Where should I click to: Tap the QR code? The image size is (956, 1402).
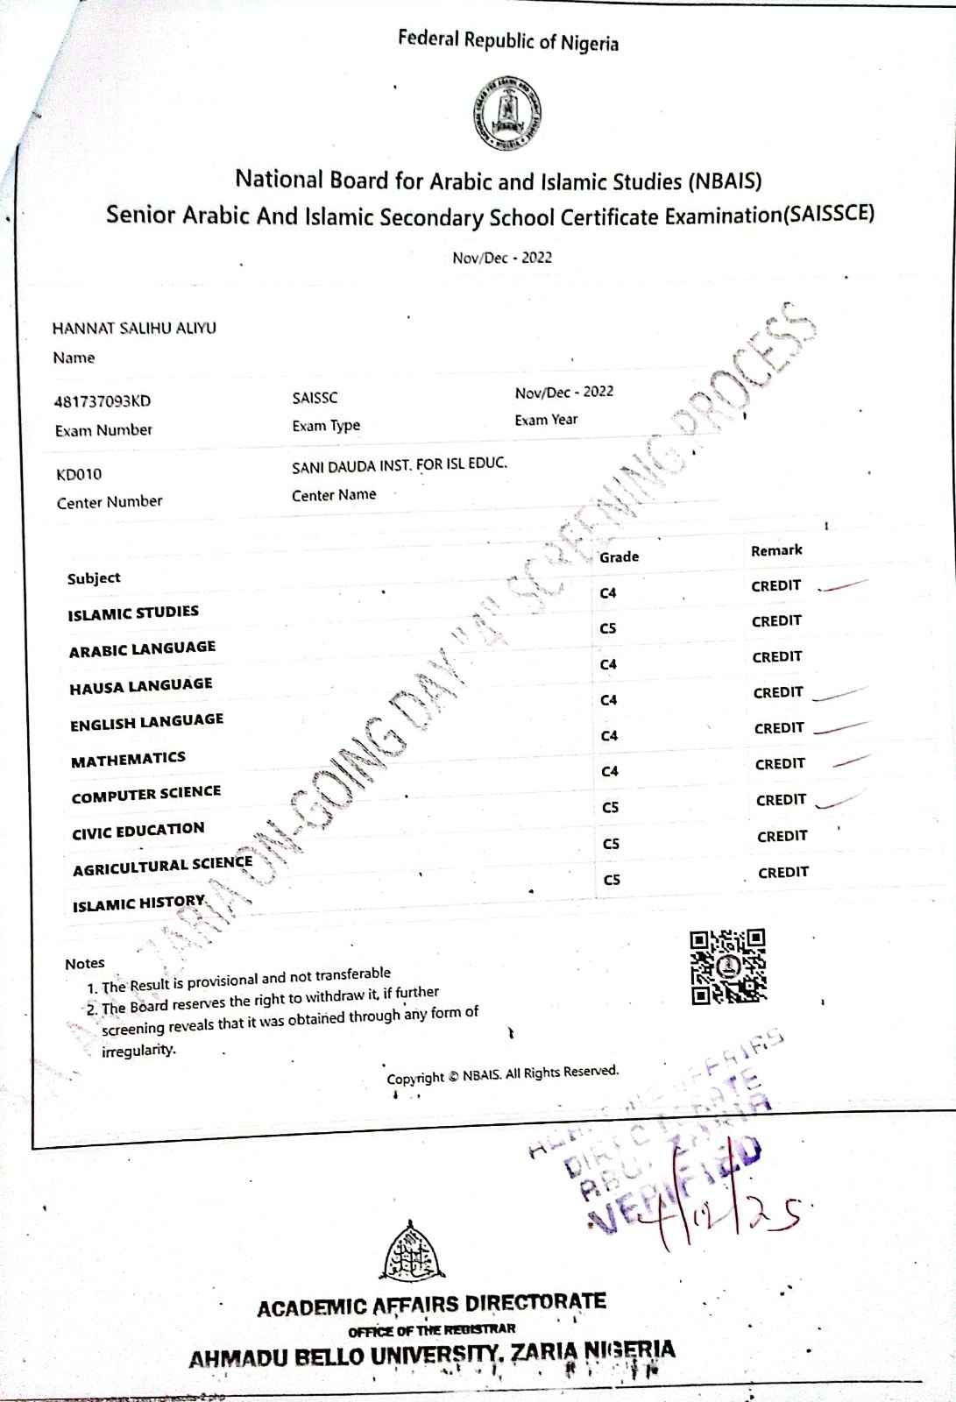point(727,966)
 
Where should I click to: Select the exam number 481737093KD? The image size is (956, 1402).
point(103,401)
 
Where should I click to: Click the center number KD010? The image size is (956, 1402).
point(79,474)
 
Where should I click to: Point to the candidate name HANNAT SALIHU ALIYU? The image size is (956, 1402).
point(134,328)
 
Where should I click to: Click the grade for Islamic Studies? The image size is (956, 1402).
point(608,593)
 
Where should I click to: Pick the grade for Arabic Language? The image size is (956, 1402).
point(608,628)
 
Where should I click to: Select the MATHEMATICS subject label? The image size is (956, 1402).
point(128,759)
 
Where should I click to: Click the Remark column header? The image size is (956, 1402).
point(776,550)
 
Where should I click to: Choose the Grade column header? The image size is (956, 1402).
point(619,556)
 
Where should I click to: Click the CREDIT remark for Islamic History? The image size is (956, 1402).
point(783,872)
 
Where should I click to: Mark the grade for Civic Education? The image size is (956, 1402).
point(611,807)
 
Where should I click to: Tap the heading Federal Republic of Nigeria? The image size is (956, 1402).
point(508,41)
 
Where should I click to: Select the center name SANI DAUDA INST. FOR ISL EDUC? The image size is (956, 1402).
point(400,464)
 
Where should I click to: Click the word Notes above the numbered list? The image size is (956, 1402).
point(84,963)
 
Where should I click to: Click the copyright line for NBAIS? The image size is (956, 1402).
point(503,1074)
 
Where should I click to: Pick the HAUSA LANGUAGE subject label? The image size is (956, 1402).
point(141,685)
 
